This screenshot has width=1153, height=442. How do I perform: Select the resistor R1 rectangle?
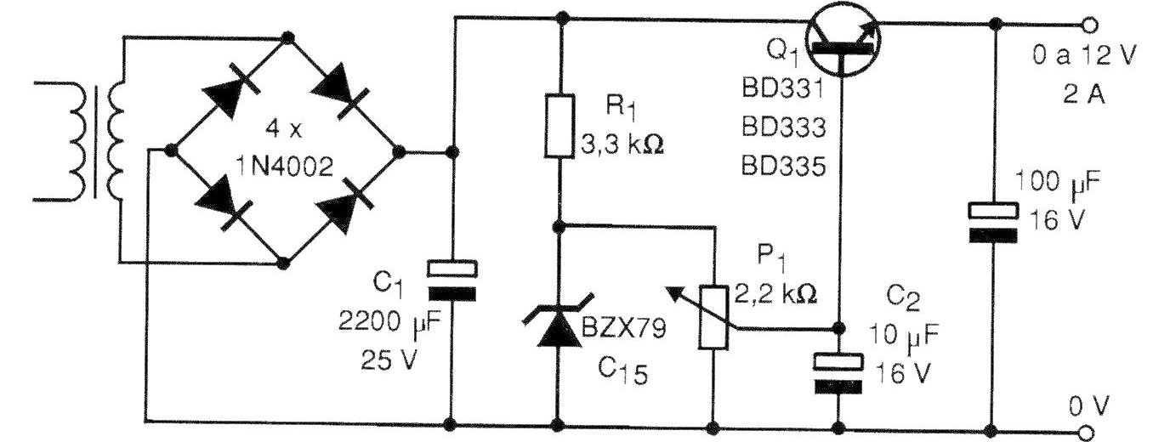(x=559, y=126)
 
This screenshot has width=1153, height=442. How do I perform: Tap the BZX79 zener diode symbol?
(x=558, y=320)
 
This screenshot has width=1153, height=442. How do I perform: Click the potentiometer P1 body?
(x=713, y=317)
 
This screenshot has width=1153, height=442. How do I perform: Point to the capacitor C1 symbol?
(x=452, y=281)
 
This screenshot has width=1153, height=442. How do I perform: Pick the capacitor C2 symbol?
(x=838, y=373)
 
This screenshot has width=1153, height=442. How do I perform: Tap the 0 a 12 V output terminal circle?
(x=1090, y=25)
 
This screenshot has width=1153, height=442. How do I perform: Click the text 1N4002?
(x=284, y=167)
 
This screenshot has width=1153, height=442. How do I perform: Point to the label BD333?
(x=783, y=127)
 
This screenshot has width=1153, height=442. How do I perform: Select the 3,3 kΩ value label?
(x=622, y=144)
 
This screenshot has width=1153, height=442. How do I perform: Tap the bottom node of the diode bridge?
(x=282, y=263)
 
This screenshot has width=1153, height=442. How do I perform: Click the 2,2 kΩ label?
(x=775, y=294)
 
